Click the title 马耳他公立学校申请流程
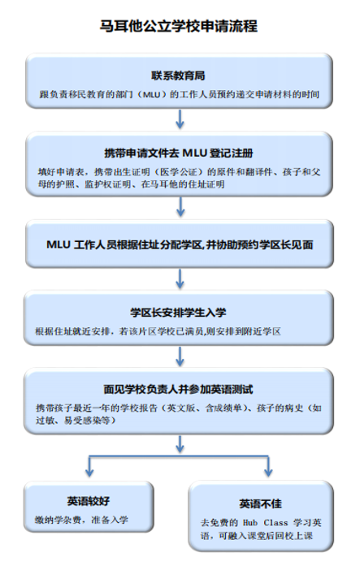click(x=179, y=26)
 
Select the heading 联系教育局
click(x=178, y=76)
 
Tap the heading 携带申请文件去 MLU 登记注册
click(x=179, y=153)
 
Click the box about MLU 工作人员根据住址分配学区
click(x=180, y=244)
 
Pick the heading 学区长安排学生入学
click(x=178, y=313)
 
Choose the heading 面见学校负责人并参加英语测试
click(x=178, y=389)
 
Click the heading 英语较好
click(x=89, y=501)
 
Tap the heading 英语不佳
click(x=261, y=503)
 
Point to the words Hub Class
click(x=266, y=522)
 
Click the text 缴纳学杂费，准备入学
click(x=81, y=520)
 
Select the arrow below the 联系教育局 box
click(x=180, y=119)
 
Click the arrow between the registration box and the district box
click(x=180, y=207)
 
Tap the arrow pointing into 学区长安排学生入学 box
click(x=180, y=279)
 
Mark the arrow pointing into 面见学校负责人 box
click(x=180, y=356)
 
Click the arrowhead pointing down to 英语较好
click(x=89, y=473)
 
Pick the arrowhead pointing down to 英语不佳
click(x=268, y=473)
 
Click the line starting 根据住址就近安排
click(x=158, y=331)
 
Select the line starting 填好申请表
click(x=180, y=171)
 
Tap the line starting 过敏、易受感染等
click(x=76, y=421)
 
